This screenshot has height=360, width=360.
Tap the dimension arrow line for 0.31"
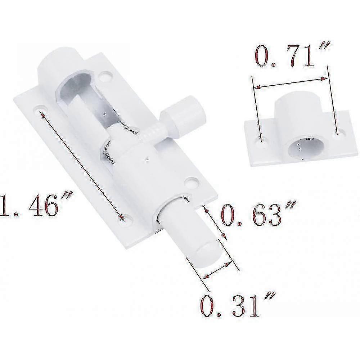coord(217,269)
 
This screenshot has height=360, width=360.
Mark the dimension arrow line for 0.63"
coord(215,222)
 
